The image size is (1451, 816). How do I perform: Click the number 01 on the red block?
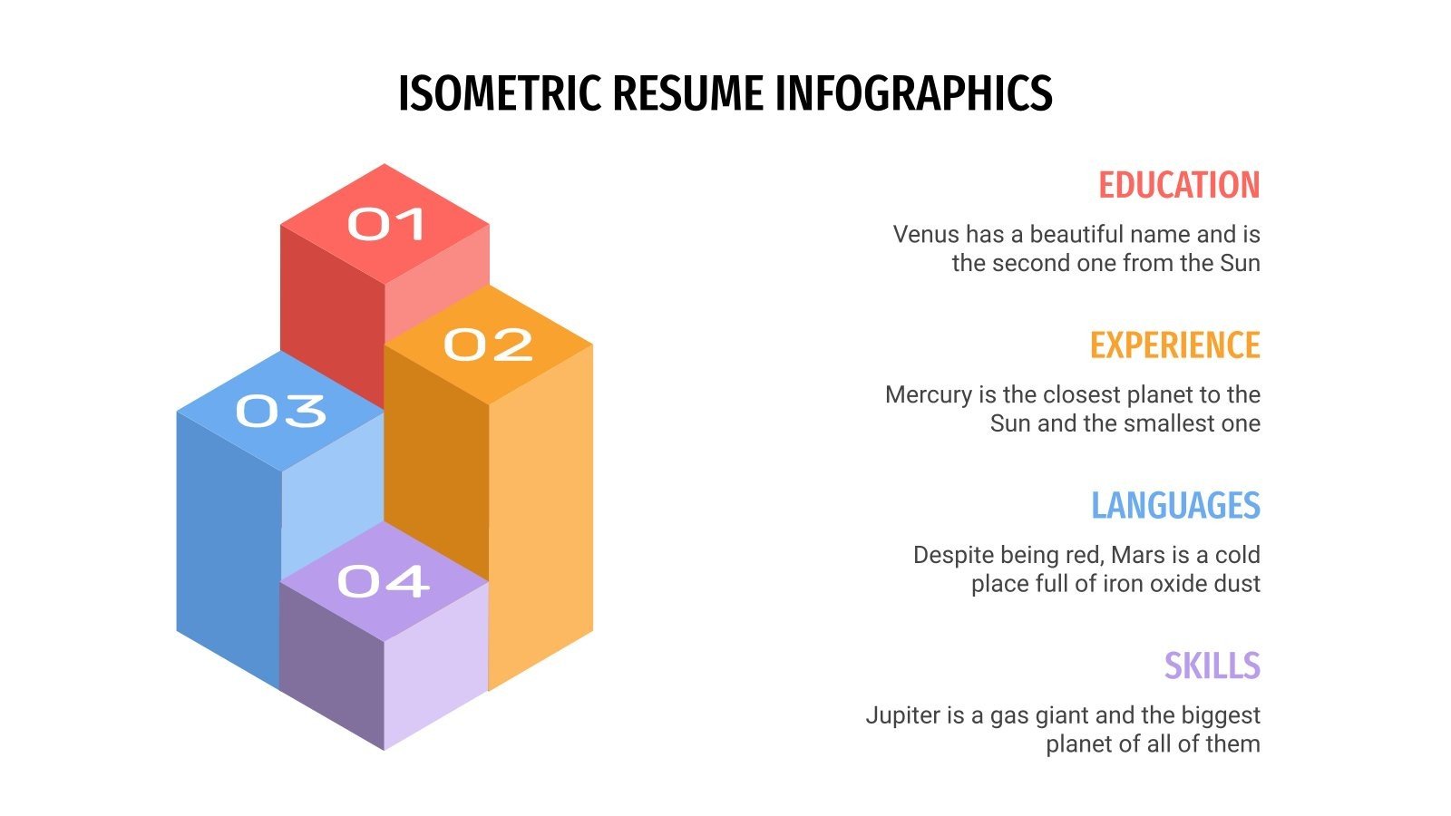[386, 224]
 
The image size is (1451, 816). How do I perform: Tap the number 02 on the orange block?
[488, 345]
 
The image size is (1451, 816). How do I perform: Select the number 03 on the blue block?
[281, 411]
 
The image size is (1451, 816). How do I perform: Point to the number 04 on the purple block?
[383, 581]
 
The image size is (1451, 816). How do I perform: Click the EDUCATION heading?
[1178, 185]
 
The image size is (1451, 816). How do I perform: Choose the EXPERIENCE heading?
[1174, 345]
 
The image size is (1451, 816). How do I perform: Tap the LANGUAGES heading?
[1175, 506]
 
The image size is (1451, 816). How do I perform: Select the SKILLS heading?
[1212, 665]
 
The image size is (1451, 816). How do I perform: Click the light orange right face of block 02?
[540, 517]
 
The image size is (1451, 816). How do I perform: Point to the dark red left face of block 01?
[331, 308]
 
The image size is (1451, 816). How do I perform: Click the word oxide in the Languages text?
[1179, 583]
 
